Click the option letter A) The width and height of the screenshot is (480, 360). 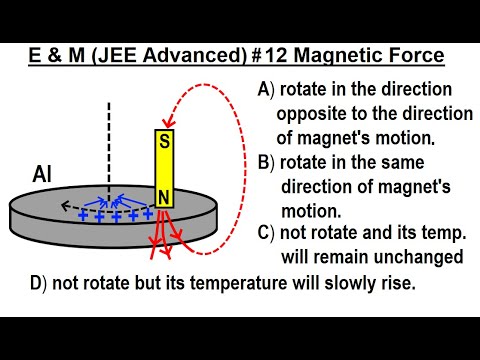click(266, 90)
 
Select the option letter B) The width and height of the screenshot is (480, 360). click(266, 163)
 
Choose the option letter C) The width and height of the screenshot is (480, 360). click(266, 233)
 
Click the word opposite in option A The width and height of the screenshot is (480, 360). click(313, 114)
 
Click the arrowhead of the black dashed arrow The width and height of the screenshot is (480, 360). click(63, 208)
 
